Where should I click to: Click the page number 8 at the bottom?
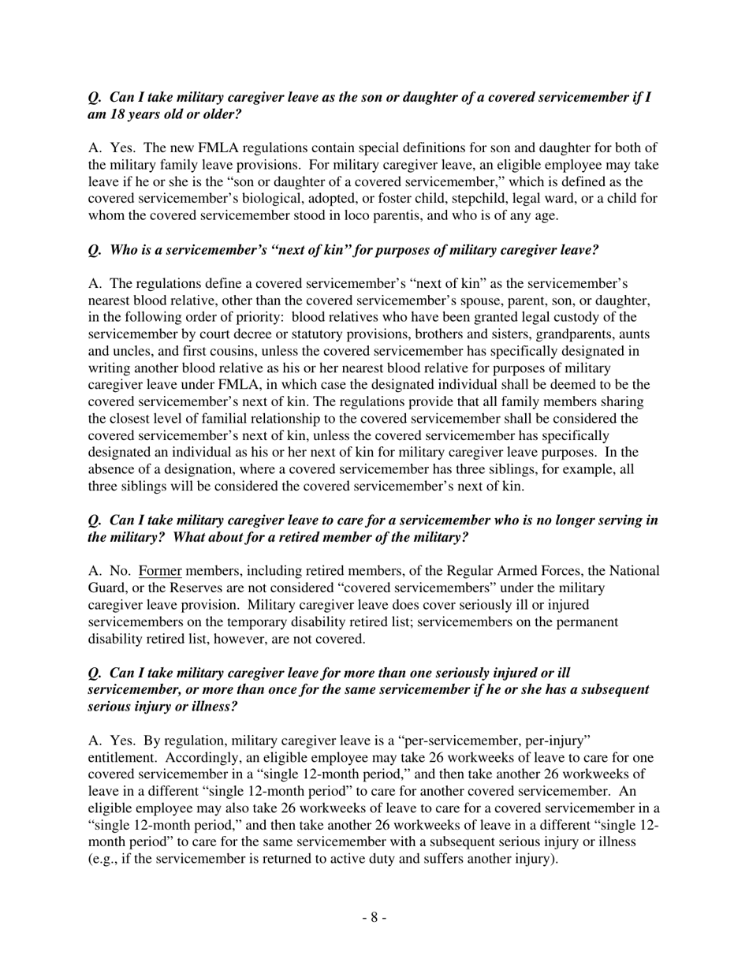point(374,917)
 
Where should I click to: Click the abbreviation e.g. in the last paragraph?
point(106,860)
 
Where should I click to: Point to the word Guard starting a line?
point(106,588)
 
